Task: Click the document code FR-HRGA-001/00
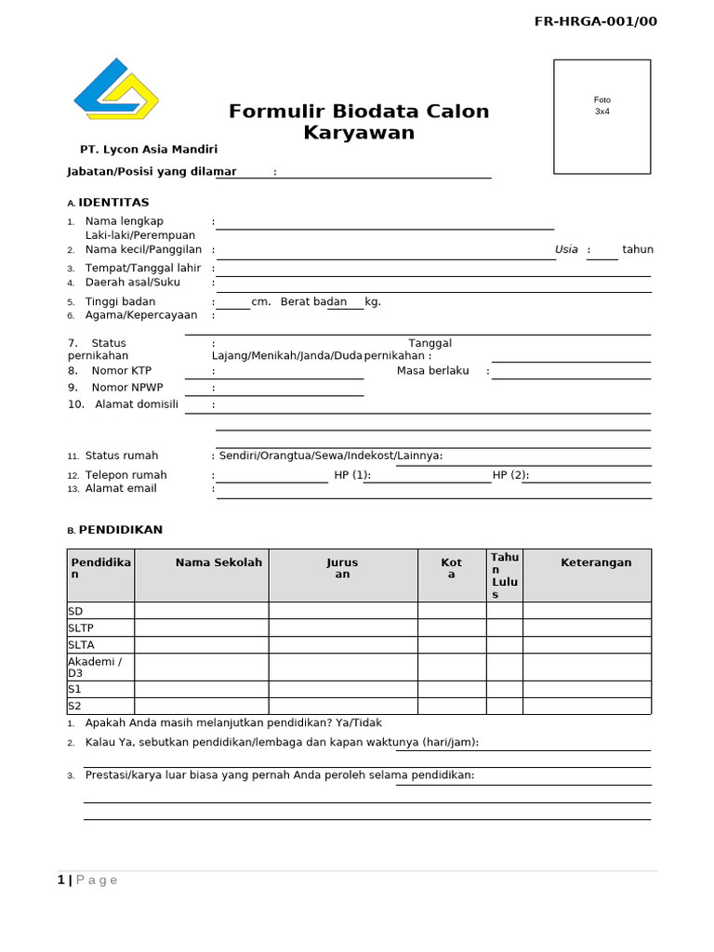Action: pyautogui.click(x=595, y=21)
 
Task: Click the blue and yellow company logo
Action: pyautogui.click(x=116, y=89)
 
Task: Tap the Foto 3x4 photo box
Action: pyautogui.click(x=602, y=116)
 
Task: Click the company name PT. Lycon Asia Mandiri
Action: pyautogui.click(x=149, y=149)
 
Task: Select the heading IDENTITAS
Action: pyautogui.click(x=113, y=203)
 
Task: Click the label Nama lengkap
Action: pyautogui.click(x=124, y=221)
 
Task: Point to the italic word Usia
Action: pyautogui.click(x=566, y=249)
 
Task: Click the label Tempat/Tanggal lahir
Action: pyautogui.click(x=143, y=268)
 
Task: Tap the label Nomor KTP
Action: pyautogui.click(x=121, y=370)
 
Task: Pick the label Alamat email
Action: pyautogui.click(x=121, y=488)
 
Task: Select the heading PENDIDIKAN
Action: pyautogui.click(x=120, y=530)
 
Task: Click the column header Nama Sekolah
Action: pyautogui.click(x=218, y=562)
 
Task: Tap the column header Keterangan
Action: pyautogui.click(x=596, y=562)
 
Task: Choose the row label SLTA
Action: pyautogui.click(x=82, y=644)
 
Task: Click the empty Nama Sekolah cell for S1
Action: pyautogui.click(x=202, y=689)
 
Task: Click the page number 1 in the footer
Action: pyautogui.click(x=60, y=880)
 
